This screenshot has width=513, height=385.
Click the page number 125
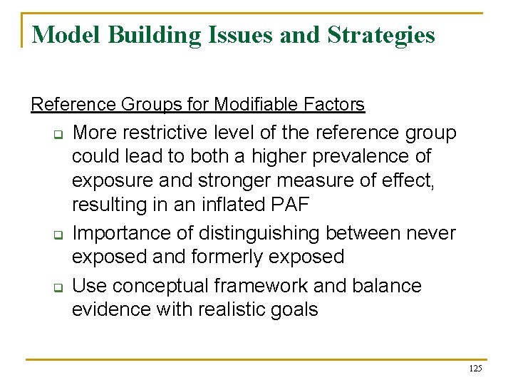[x=475, y=369]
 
